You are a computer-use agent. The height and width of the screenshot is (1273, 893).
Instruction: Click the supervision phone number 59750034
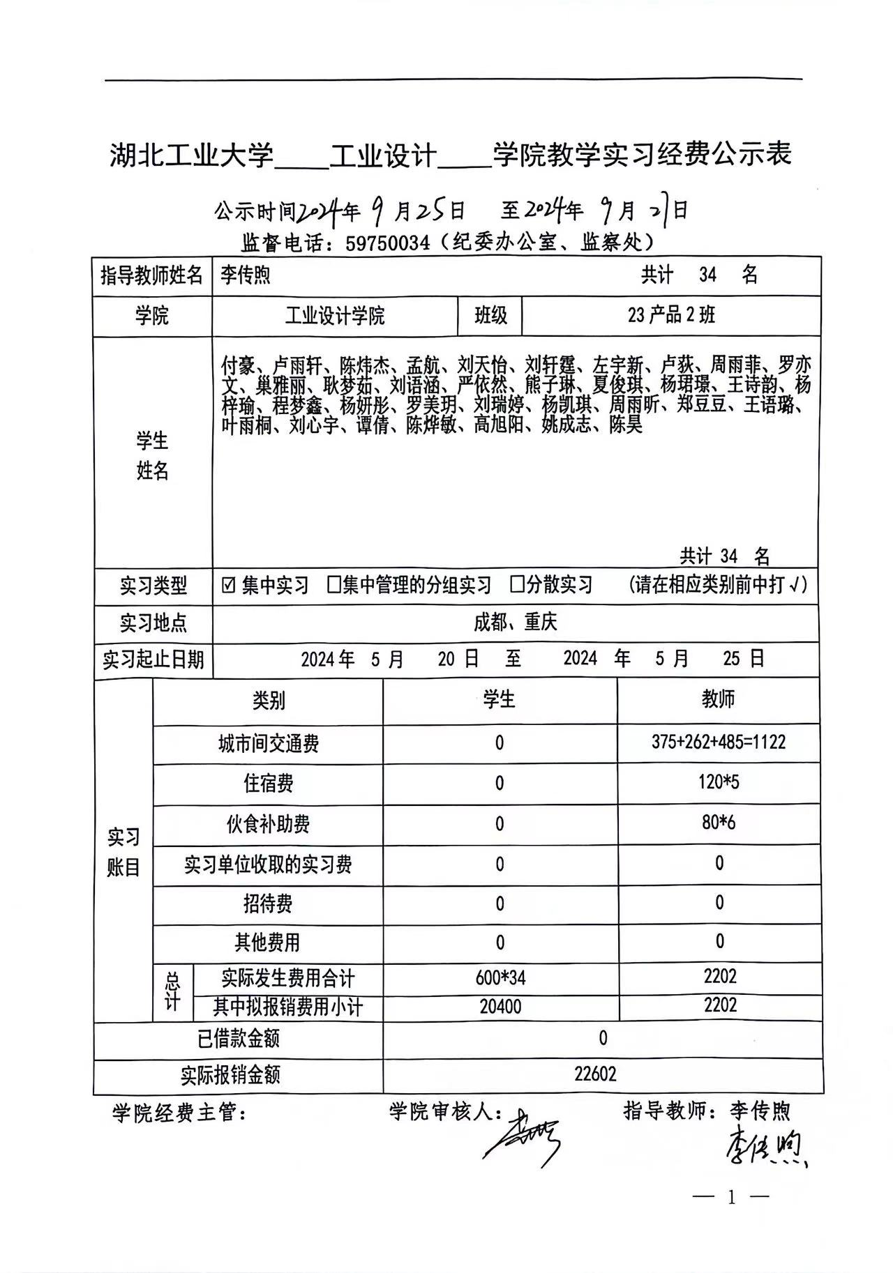pyautogui.click(x=387, y=243)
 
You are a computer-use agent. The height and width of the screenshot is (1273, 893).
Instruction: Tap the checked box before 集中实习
pyautogui.click(x=228, y=585)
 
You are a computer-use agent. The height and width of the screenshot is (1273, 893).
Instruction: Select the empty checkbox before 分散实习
pyautogui.click(x=516, y=584)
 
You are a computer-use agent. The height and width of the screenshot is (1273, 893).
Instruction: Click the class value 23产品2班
pyautogui.click(x=671, y=316)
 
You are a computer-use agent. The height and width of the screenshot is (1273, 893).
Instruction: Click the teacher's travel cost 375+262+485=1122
pyautogui.click(x=719, y=742)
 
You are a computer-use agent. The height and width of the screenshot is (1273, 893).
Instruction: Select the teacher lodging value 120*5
pyautogui.click(x=719, y=782)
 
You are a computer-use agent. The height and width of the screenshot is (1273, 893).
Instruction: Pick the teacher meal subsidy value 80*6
pyautogui.click(x=719, y=823)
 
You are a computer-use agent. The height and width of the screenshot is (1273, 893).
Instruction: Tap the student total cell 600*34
pyautogui.click(x=500, y=977)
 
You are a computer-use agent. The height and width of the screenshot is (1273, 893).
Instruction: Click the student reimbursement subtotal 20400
pyautogui.click(x=500, y=1006)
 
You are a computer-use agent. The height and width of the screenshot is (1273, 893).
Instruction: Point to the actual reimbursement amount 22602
pyautogui.click(x=595, y=1074)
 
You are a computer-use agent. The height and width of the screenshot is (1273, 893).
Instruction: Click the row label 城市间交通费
pyautogui.click(x=269, y=744)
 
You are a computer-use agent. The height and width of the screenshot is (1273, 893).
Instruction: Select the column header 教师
pyautogui.click(x=719, y=699)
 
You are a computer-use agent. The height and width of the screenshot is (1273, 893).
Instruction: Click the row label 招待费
pyautogui.click(x=268, y=904)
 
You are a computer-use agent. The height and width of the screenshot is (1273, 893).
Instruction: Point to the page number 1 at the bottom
pyautogui.click(x=731, y=1198)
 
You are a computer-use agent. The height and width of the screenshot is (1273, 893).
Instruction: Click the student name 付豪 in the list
pyautogui.click(x=238, y=365)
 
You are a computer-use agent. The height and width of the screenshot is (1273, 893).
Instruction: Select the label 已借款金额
pyautogui.click(x=239, y=1039)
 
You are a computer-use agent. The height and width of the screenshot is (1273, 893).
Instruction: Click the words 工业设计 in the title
pyautogui.click(x=383, y=155)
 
